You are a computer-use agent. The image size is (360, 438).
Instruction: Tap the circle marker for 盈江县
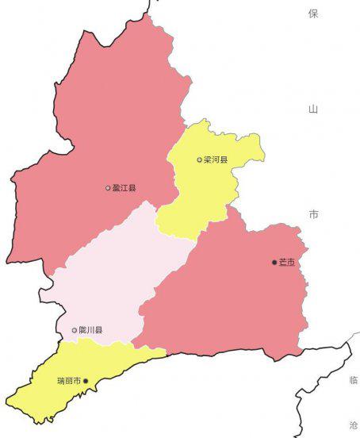(108, 188)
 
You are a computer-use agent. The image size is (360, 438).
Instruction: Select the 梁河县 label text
(216, 159)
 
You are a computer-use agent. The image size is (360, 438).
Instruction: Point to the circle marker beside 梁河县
(200, 159)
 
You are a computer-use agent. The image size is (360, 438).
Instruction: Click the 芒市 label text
(287, 262)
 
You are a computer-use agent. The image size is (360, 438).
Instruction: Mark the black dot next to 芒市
(274, 262)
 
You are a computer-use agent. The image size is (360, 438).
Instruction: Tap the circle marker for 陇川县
(75, 330)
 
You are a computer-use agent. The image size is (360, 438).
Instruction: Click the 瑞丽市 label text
(69, 381)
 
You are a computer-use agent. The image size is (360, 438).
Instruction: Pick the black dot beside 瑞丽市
(86, 381)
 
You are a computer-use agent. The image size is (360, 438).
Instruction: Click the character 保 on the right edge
(313, 13)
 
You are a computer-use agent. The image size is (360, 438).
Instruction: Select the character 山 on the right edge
(313, 109)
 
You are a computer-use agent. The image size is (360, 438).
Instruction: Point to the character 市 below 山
(313, 214)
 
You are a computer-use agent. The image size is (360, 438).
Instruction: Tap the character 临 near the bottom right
(354, 381)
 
